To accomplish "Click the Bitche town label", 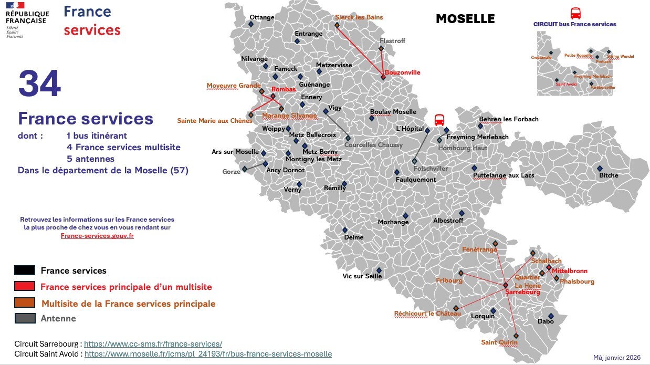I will click(x=609, y=175).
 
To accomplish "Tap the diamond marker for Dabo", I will click(x=551, y=316).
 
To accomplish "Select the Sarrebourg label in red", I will click(x=522, y=293).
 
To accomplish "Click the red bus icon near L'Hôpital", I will click(x=439, y=120).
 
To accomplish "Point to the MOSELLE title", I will click(x=465, y=19).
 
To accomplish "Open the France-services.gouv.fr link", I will click(x=97, y=236).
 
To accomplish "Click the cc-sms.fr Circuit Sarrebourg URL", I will click(x=153, y=343).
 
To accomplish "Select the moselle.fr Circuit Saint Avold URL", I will click(x=208, y=354).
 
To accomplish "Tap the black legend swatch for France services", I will click(x=25, y=270).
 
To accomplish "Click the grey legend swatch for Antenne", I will click(x=25, y=318).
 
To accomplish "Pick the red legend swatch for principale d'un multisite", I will click(x=25, y=286).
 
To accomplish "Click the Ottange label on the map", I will click(x=261, y=17).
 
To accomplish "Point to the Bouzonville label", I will click(x=402, y=72).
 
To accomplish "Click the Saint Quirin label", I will click(x=499, y=342).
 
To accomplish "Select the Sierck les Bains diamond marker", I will click(x=337, y=25).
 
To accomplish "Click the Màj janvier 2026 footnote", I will click(x=617, y=357).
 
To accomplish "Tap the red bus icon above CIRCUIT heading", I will click(x=575, y=13).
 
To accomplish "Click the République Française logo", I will click(x=27, y=19).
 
